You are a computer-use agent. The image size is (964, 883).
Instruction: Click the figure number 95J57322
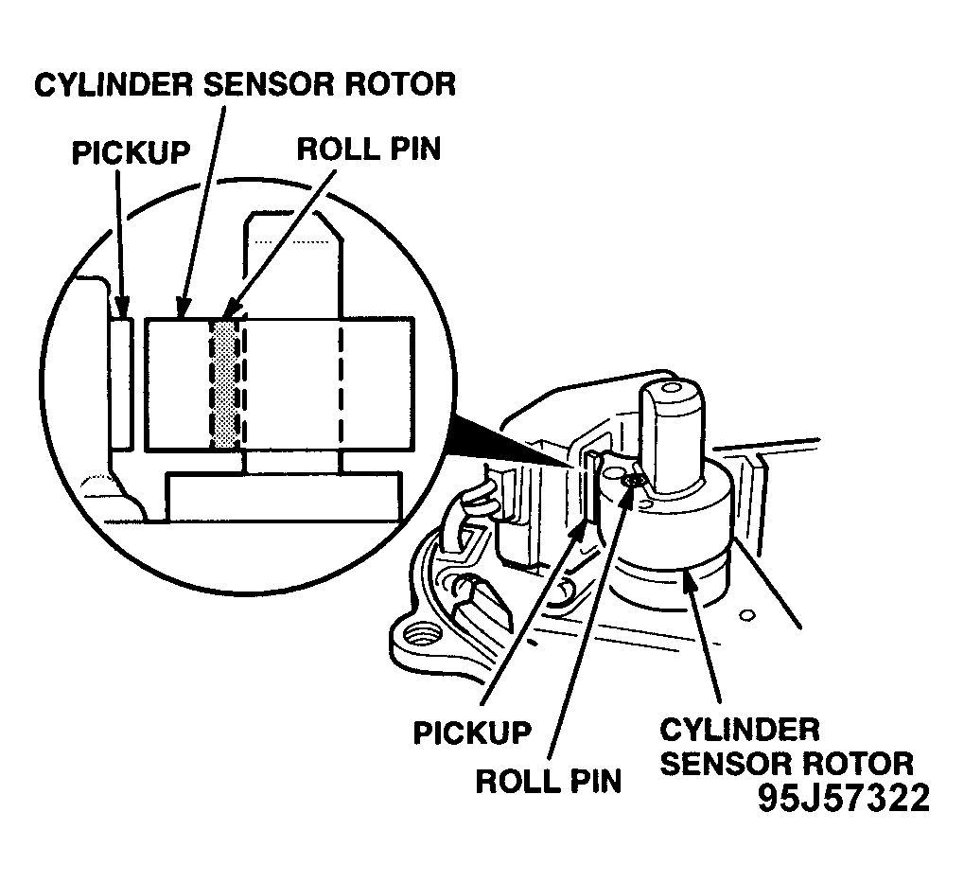click(844, 799)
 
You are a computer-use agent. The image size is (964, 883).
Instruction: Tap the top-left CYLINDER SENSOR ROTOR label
click(245, 84)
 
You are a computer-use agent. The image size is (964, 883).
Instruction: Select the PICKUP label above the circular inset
click(131, 151)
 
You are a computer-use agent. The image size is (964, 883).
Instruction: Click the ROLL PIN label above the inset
click(369, 149)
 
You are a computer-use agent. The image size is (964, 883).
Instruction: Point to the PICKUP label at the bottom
click(472, 733)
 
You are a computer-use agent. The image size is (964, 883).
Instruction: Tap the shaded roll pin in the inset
click(225, 384)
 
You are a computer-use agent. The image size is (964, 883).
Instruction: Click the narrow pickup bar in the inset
click(120, 383)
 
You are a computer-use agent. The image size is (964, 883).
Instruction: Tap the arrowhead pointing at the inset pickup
click(123, 307)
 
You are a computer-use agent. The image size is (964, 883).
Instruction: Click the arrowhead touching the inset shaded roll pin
click(229, 309)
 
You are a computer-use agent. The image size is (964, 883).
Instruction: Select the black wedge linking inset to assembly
click(510, 440)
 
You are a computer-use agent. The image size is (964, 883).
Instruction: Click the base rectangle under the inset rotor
click(284, 496)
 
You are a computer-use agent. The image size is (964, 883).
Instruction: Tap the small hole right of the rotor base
click(747, 614)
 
